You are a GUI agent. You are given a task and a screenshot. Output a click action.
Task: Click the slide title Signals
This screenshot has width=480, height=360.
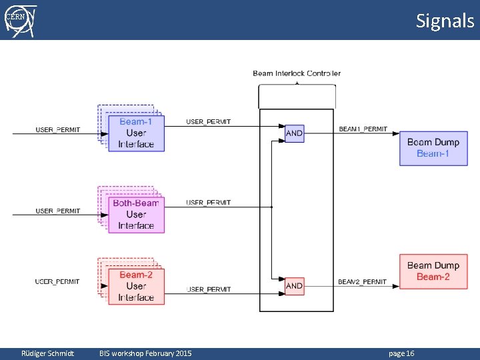(x=445, y=21)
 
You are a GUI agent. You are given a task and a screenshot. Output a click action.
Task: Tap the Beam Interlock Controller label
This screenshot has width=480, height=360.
(x=297, y=73)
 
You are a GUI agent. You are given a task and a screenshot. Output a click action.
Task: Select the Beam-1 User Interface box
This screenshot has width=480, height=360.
(x=136, y=133)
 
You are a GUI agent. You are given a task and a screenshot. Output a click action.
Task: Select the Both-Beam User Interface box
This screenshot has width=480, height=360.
(x=136, y=214)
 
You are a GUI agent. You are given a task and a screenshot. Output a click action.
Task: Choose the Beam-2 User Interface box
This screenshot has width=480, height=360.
(x=136, y=286)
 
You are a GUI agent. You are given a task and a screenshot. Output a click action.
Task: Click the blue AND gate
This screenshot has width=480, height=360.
(x=294, y=133)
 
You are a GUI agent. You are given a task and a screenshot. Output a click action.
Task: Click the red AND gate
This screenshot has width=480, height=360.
(x=294, y=286)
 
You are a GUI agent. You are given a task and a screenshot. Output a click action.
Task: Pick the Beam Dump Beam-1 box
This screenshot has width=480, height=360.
(x=433, y=148)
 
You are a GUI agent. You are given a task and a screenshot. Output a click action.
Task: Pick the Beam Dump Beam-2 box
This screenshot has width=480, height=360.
(x=433, y=271)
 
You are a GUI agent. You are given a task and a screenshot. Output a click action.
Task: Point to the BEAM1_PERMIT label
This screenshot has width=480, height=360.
(x=363, y=129)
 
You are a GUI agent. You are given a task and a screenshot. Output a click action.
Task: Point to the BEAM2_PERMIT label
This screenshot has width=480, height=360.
(x=363, y=282)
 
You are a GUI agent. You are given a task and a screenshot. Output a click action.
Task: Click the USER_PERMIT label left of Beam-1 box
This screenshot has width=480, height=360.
(x=58, y=129)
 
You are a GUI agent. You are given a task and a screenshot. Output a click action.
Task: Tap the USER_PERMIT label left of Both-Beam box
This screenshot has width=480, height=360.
(x=58, y=211)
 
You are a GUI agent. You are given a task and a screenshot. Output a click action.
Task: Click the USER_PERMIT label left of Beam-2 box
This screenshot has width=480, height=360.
(x=58, y=282)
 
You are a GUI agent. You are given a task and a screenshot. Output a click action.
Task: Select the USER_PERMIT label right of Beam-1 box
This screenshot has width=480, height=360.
(x=209, y=122)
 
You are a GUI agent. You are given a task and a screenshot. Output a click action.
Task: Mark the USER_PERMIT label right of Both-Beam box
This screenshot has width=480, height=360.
(x=209, y=203)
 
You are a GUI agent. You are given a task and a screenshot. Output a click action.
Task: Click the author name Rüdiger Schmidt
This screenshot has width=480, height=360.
(x=48, y=353)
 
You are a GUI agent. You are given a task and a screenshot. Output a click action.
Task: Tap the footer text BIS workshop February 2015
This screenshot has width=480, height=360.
(x=145, y=353)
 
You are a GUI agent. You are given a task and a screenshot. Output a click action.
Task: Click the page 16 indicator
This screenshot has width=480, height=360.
(x=401, y=353)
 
